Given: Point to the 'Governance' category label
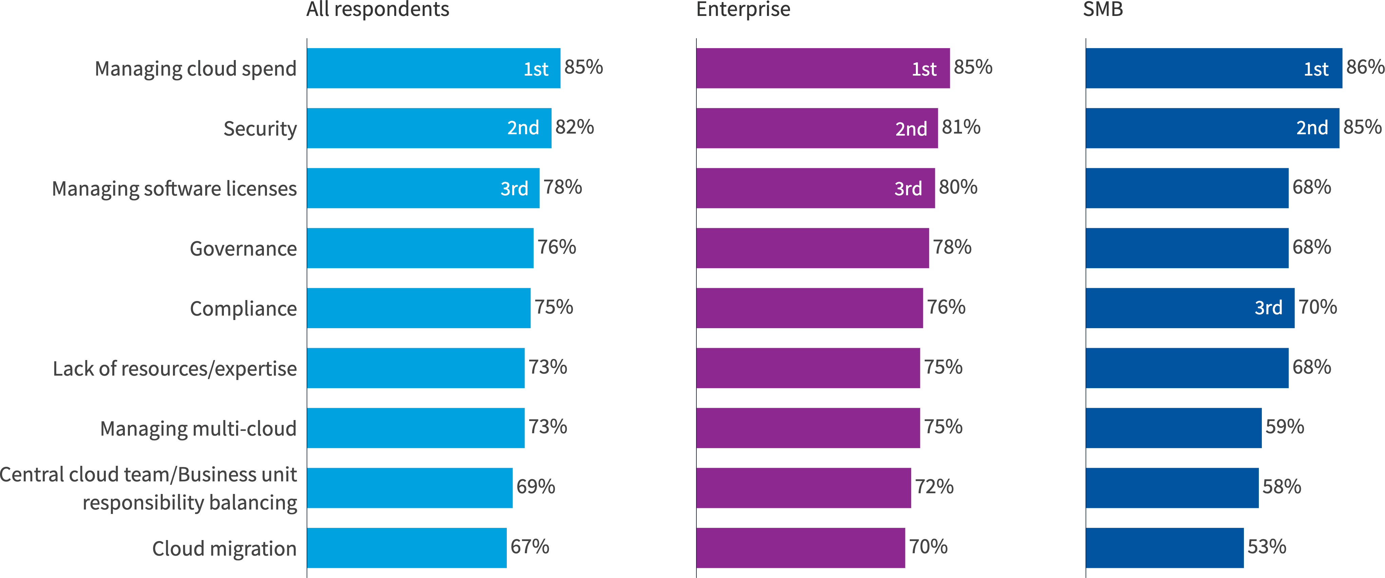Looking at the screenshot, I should click(243, 249).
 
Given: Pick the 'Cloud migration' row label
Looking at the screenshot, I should click(224, 549).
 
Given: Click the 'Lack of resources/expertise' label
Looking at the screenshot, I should click(175, 368).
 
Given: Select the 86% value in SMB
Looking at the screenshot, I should click(1365, 67).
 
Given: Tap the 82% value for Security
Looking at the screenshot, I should click(574, 127).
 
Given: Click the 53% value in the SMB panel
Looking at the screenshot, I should click(1267, 547).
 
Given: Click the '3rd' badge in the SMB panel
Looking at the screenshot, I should click(1268, 308).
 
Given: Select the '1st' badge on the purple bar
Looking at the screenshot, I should click(924, 69).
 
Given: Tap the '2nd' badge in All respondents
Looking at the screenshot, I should click(523, 128).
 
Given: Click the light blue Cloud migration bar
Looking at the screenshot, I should click(406, 547).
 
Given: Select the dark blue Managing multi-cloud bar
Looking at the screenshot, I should click(1173, 427).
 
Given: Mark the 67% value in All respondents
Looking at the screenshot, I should click(530, 547).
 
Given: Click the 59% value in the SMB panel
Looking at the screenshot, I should click(1285, 426).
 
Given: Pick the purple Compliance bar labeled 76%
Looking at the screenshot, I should click(809, 308).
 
